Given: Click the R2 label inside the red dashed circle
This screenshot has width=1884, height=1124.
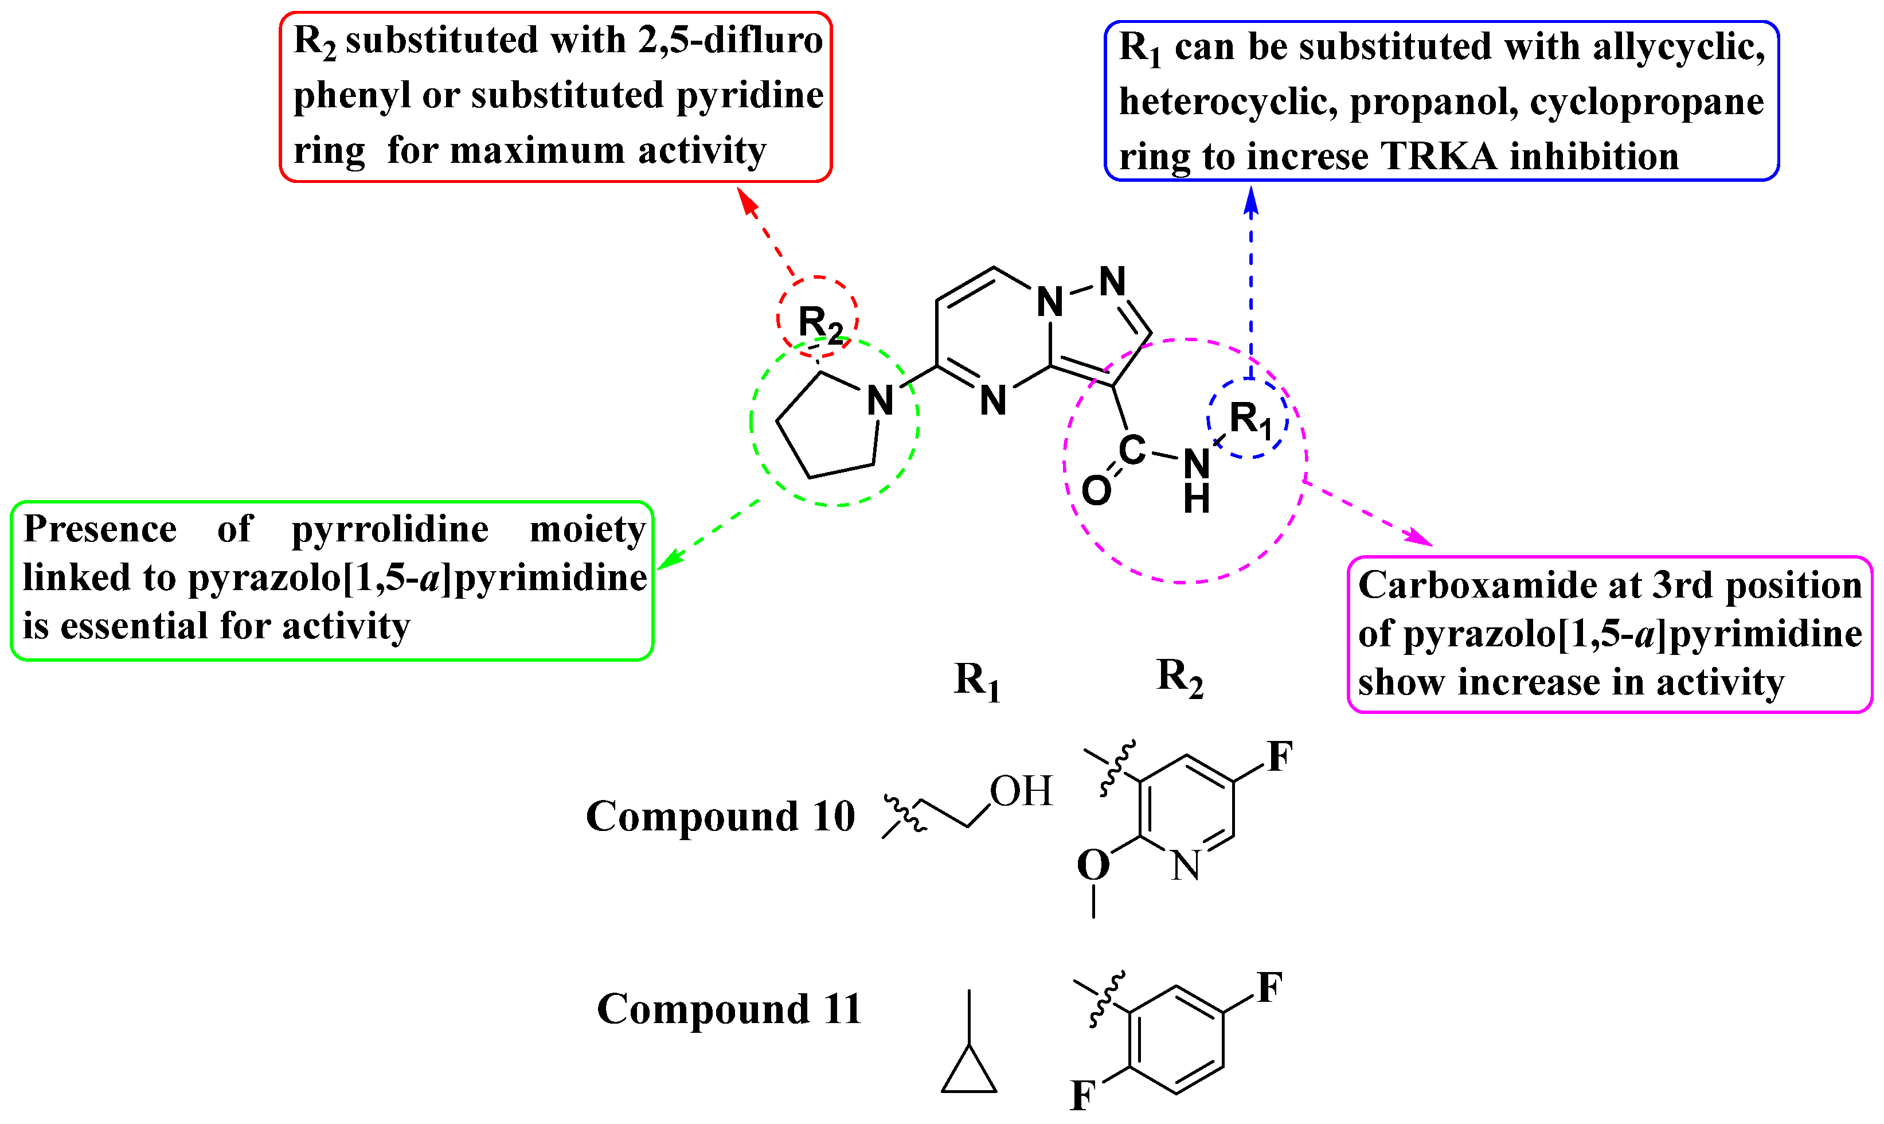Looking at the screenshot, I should (819, 323).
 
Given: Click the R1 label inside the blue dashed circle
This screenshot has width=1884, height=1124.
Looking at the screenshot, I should (1249, 419).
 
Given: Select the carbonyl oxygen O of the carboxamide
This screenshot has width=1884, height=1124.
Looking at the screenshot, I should (1096, 491).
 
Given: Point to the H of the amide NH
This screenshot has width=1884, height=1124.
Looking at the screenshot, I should (1197, 500).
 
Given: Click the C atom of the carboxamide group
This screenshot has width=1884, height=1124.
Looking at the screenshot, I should (1131, 451).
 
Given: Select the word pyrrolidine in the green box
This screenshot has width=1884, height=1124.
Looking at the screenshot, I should (390, 529).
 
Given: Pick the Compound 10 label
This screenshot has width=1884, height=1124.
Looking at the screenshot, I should (720, 817).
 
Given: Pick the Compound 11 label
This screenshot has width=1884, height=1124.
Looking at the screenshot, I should (729, 1009).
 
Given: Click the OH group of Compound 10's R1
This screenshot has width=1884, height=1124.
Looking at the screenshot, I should (1021, 791).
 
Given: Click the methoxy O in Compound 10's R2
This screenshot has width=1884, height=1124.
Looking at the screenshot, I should (1093, 865).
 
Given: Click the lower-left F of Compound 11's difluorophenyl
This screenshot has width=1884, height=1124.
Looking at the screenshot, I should (1083, 1095).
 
